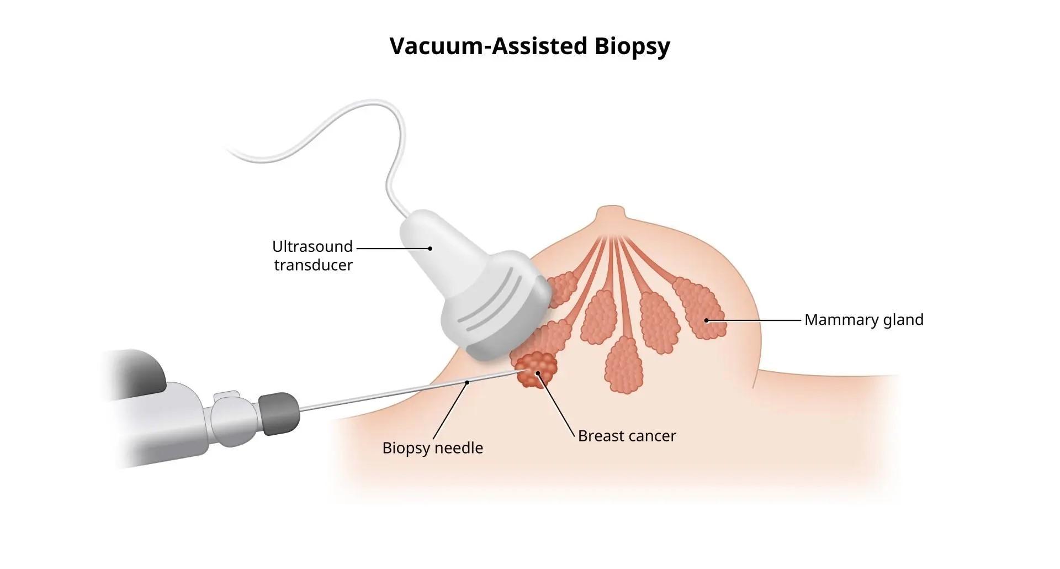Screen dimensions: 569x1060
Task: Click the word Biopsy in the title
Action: [632, 46]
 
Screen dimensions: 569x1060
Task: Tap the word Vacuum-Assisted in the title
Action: [488, 46]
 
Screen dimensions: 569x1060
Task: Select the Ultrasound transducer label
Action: [313, 255]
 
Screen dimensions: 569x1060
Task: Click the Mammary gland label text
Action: [863, 320]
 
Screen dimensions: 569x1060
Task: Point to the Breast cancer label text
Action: [627, 436]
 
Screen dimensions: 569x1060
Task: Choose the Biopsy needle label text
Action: [432, 447]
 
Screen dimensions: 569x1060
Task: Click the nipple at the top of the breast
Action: [609, 214]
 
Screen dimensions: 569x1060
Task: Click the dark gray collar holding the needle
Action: [279, 413]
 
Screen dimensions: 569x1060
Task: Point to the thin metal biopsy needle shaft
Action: [386, 394]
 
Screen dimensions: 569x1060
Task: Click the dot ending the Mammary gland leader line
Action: [706, 320]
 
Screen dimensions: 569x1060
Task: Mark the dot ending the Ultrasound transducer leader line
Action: [430, 249]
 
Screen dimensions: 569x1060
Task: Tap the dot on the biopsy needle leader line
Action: [468, 382]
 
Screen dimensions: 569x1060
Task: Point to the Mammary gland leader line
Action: [754, 320]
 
